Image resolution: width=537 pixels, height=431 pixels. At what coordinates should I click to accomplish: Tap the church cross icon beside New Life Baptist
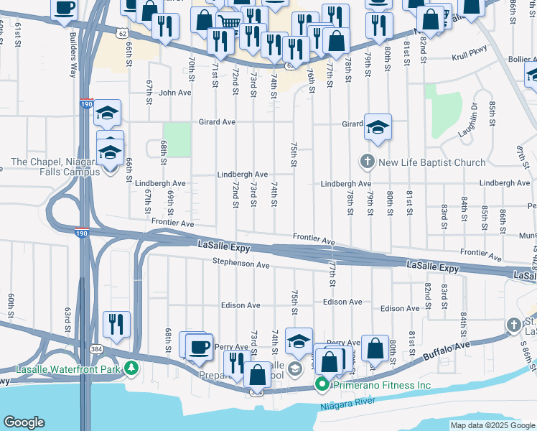(x=368, y=162)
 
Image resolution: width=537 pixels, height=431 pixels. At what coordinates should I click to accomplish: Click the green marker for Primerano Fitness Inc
(x=322, y=386)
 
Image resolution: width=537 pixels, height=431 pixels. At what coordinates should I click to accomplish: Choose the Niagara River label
(x=345, y=406)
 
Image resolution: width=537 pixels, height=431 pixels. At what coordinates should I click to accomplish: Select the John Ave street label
(x=175, y=93)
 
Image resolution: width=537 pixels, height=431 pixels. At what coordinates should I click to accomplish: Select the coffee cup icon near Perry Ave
(x=200, y=346)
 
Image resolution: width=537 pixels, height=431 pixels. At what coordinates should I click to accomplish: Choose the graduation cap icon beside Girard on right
(x=378, y=128)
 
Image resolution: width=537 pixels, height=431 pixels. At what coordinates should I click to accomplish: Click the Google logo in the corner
(x=24, y=422)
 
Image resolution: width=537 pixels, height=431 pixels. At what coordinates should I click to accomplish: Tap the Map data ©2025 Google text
(x=492, y=426)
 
